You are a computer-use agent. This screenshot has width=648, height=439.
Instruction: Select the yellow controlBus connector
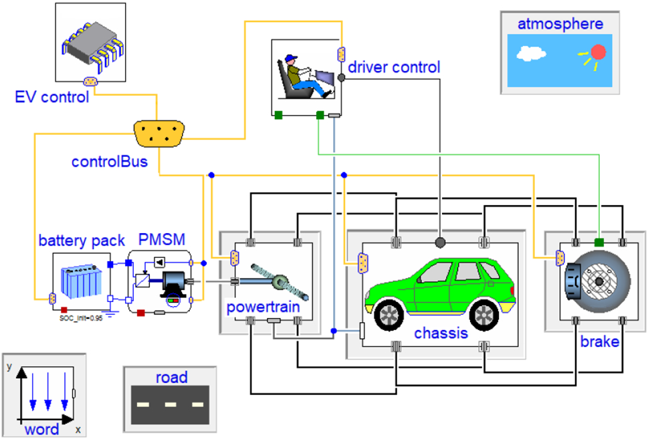[x=158, y=134]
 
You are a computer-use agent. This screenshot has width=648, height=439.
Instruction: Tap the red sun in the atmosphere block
[x=597, y=52]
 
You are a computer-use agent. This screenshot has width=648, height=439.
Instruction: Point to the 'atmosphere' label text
[x=560, y=25]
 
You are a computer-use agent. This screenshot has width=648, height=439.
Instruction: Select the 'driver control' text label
[x=394, y=67]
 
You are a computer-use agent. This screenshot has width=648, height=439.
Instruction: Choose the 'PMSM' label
[x=160, y=239]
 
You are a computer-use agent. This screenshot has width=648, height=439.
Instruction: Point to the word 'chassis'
[x=441, y=333]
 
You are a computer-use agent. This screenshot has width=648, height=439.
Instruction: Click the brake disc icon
[x=597, y=281]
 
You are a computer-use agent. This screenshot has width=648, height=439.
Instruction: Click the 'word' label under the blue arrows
[x=41, y=428]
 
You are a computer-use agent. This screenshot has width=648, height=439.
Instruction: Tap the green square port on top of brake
[x=599, y=241]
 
